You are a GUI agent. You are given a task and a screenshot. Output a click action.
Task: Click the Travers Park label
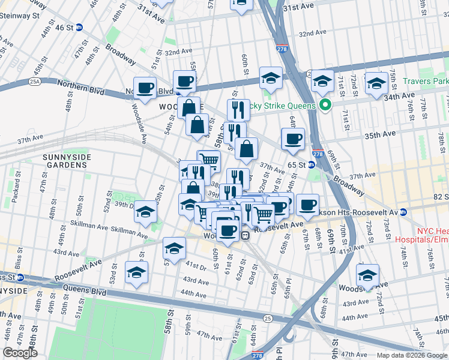(426, 81)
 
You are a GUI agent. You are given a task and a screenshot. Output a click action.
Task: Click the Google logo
(20, 353)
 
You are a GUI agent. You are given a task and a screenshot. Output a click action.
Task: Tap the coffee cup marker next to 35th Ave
(293, 139)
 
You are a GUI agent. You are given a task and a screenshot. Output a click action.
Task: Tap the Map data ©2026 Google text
(411, 355)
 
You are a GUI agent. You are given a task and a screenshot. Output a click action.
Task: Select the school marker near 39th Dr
(145, 212)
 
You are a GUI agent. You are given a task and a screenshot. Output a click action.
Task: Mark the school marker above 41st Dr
(175, 248)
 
